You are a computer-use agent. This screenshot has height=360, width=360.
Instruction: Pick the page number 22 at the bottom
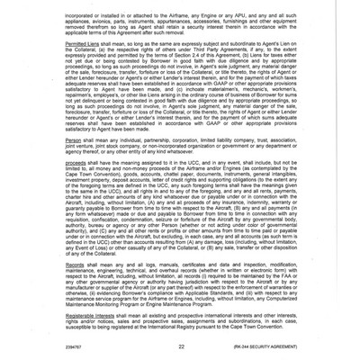180,346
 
